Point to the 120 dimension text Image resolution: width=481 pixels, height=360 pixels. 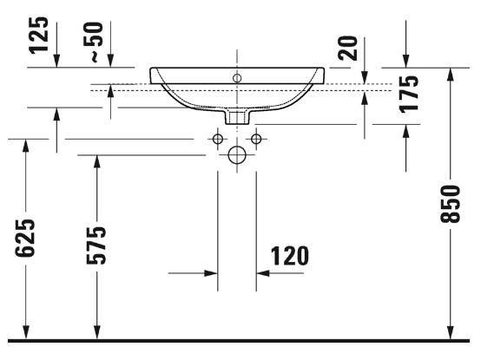(290, 256)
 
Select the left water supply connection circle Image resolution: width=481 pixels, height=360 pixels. (218, 139)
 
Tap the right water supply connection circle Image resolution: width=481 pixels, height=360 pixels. (256, 139)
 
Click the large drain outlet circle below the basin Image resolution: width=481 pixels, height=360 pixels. (236, 155)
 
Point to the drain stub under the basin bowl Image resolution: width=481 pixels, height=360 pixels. (236, 115)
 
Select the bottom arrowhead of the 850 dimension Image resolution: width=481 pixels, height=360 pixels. (450, 333)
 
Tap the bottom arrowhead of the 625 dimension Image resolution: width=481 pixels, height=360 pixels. (26, 333)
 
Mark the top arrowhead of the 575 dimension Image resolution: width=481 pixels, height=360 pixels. (96, 161)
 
